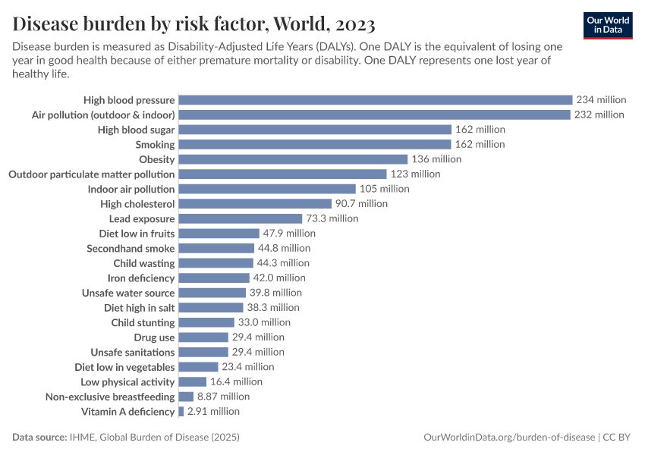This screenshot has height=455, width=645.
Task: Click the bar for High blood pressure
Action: click(x=375, y=100)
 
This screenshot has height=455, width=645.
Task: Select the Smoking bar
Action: click(x=315, y=144)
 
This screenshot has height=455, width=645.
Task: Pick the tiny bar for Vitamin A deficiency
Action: click(x=181, y=412)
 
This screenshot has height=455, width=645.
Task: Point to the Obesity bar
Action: click(x=293, y=159)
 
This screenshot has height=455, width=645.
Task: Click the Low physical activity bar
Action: click(x=192, y=382)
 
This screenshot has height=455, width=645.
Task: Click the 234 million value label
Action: click(x=601, y=100)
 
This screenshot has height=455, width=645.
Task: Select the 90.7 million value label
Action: click(x=361, y=204)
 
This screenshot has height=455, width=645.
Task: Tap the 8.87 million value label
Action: click(x=223, y=397)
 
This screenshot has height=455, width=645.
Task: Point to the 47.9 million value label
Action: click(x=289, y=234)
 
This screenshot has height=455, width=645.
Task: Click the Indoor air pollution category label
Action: click(x=131, y=189)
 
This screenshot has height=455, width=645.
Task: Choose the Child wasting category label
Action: click(x=144, y=263)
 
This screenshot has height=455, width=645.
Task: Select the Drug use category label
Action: click(x=154, y=337)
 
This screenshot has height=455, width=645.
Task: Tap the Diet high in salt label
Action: click(x=139, y=308)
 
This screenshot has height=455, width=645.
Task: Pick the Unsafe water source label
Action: click(x=128, y=293)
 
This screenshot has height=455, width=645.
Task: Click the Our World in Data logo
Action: click(x=608, y=25)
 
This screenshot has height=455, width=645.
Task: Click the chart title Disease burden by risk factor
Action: click(x=193, y=24)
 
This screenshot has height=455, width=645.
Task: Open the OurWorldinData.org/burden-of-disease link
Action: click(x=508, y=438)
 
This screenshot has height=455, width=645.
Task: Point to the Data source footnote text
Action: click(x=126, y=438)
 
